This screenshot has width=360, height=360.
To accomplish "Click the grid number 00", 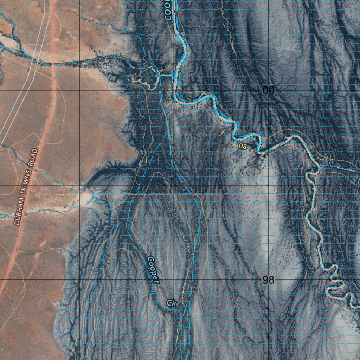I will click(x=268, y=90).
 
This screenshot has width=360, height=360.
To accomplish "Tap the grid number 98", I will click(x=268, y=280).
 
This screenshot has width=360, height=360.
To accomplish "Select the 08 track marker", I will click(x=243, y=146).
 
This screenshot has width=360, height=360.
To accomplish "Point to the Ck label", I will click(x=171, y=303).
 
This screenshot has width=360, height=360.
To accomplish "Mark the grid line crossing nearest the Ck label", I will click(x=174, y=280).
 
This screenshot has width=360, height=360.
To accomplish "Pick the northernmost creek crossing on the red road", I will click(x=53, y=64).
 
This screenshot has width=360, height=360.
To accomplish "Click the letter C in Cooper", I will click(x=150, y=261).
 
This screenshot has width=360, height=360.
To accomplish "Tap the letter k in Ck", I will click(x=173, y=303).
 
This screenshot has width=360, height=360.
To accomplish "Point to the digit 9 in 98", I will click(x=266, y=280).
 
